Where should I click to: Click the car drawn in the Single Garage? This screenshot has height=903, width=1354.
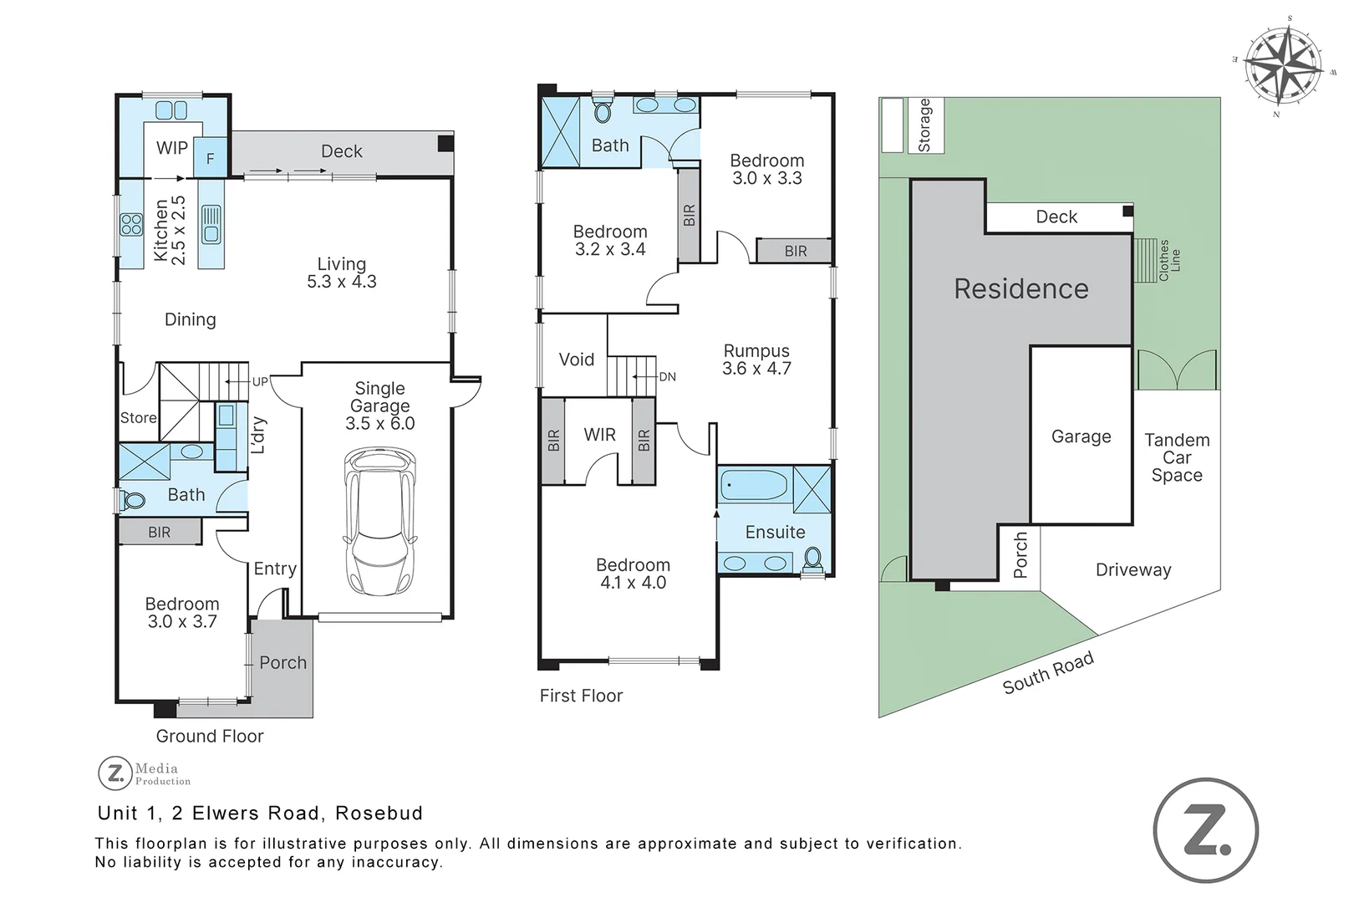tap(380, 522)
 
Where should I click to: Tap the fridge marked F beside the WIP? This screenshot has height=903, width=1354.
tap(210, 158)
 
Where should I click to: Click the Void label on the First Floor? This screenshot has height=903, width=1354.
tap(576, 360)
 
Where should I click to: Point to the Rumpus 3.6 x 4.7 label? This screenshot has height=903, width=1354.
tap(756, 360)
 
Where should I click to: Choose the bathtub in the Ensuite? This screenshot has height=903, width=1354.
tap(753, 484)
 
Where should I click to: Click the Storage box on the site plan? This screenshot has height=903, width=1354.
tap(924, 125)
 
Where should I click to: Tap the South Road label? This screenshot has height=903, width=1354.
tap(1048, 673)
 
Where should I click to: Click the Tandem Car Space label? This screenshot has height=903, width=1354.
tap(1176, 457)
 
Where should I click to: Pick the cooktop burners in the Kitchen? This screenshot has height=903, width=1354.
tap(131, 224)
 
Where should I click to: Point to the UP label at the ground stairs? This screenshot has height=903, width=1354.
tap(260, 381)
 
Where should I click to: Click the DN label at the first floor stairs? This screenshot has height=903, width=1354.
tap(667, 377)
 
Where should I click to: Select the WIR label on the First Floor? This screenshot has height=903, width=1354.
tap(599, 435)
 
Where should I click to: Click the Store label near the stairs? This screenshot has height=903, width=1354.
tap(138, 418)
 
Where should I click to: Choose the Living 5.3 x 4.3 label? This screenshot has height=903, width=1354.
tap(341, 273)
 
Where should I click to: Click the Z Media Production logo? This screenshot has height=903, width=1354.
tap(145, 773)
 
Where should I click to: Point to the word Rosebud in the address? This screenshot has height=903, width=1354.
tap(379, 813)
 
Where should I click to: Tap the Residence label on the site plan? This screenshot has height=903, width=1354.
tap(1021, 289)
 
